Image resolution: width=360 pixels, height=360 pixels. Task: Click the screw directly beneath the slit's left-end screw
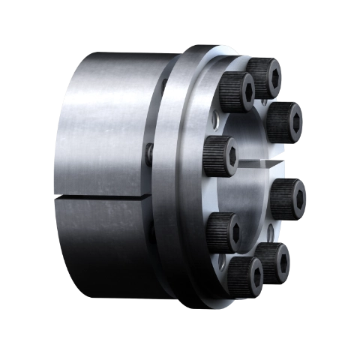pyautogui.click(x=223, y=231)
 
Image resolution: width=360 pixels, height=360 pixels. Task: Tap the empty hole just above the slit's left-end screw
pyautogui.click(x=216, y=120)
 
